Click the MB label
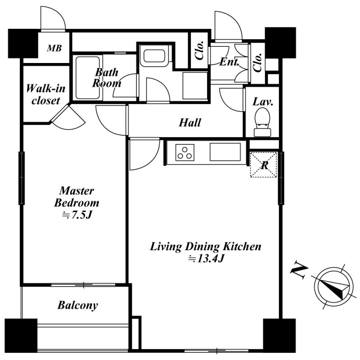(54, 48)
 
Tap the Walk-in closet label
(45, 94)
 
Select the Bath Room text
(107, 78)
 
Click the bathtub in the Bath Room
(87, 78)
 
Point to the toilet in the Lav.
(262, 122)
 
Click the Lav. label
(263, 102)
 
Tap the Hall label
(190, 122)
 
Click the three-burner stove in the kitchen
(185, 152)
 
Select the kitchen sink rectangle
(225, 152)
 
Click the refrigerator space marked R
(263, 165)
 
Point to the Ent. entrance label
(229, 62)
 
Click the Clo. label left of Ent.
(199, 50)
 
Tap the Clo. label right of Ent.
(257, 63)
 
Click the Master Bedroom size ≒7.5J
(77, 215)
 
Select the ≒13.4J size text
(206, 259)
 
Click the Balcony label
(77, 306)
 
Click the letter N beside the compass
(299, 270)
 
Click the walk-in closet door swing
(68, 117)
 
